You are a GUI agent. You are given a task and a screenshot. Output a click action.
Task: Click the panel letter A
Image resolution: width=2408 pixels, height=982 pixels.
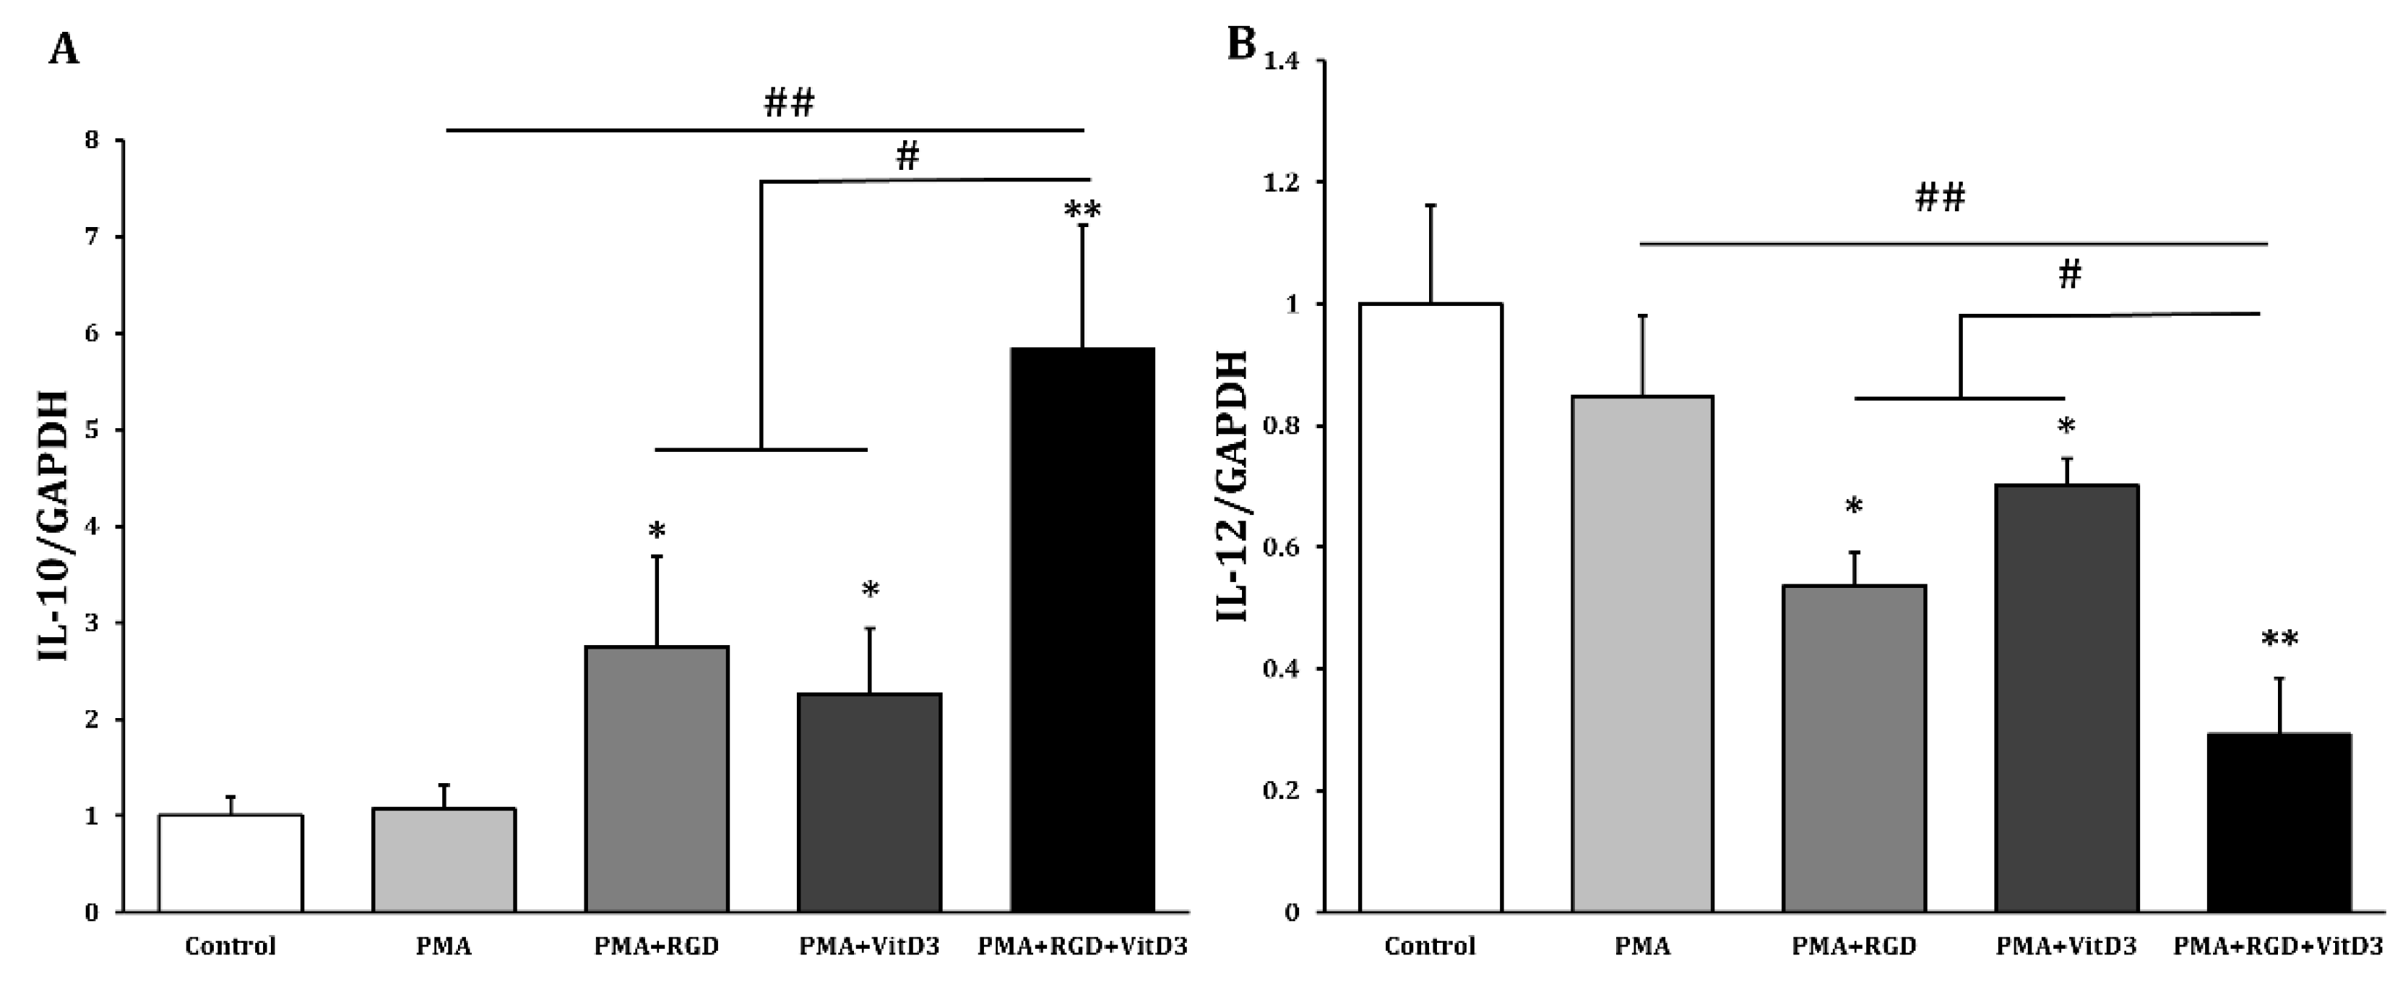click(64, 48)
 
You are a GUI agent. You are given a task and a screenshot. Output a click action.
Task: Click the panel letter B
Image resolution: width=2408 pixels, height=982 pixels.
click(1240, 43)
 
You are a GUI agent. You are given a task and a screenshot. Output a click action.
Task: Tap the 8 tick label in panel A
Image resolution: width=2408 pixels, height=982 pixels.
click(92, 141)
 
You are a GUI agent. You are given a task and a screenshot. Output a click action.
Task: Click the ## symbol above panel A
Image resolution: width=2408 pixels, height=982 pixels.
click(789, 103)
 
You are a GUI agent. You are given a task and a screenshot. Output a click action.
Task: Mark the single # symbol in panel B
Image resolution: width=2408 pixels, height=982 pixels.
click(2070, 275)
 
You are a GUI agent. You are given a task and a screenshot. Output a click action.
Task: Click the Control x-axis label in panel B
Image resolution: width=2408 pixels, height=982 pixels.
click(1430, 947)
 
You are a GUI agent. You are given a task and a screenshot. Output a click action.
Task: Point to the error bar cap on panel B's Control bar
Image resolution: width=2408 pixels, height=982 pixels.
click(1430, 205)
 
